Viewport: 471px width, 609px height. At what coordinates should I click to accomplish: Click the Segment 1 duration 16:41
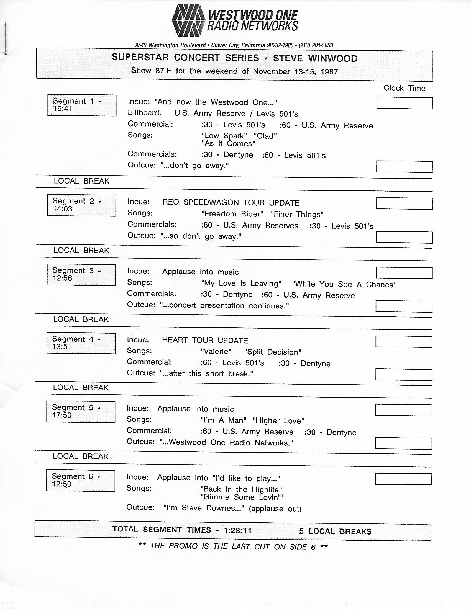(x=63, y=109)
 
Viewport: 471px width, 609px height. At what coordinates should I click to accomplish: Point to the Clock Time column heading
(x=404, y=88)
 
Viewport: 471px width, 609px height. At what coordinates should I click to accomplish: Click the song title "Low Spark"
(x=224, y=136)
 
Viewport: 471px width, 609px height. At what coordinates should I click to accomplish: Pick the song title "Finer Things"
(x=297, y=215)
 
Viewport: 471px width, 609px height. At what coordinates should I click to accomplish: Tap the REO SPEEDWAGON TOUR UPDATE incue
(x=231, y=203)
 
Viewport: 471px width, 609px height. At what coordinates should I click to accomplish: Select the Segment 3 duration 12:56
(x=62, y=278)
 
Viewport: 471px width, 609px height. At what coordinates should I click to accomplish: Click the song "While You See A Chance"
(x=344, y=284)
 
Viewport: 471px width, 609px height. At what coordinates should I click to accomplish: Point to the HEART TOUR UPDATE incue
(x=205, y=340)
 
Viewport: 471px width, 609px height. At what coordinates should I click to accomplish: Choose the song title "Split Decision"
(x=272, y=352)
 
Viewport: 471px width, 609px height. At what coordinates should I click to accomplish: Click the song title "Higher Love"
(x=278, y=420)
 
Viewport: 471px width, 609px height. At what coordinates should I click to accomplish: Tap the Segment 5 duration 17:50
(x=62, y=416)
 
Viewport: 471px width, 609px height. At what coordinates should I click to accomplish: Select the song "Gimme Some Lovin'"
(x=242, y=497)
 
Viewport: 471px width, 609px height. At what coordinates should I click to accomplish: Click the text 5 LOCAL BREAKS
(x=335, y=531)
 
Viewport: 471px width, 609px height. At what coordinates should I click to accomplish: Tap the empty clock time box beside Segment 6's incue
(x=403, y=479)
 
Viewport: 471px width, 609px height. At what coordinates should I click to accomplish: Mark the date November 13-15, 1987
(x=295, y=72)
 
